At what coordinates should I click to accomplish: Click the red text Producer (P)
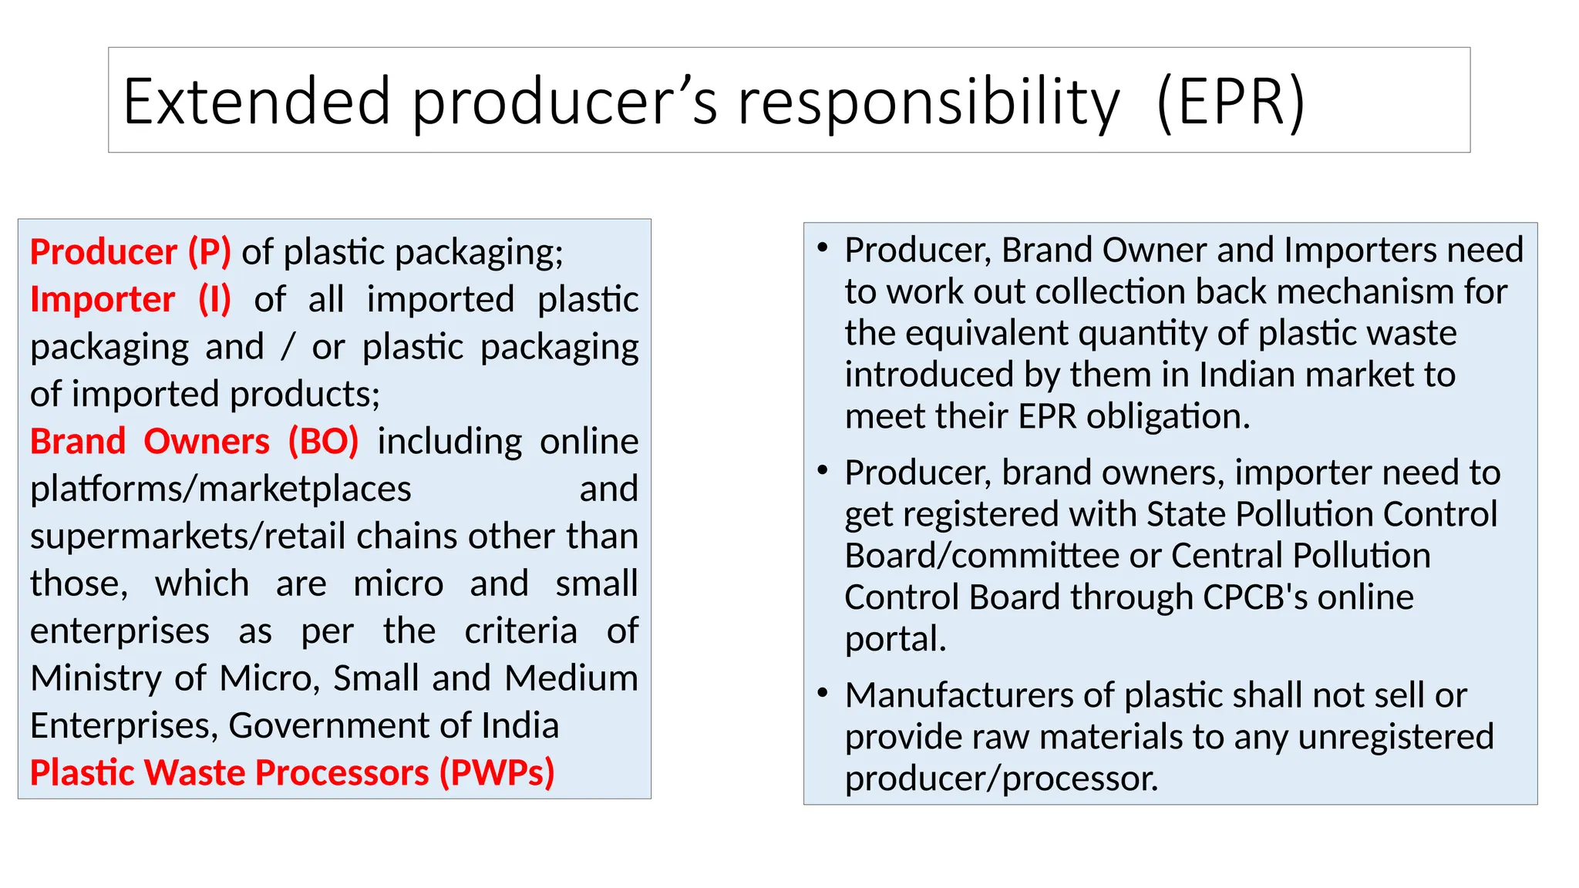pos(130,252)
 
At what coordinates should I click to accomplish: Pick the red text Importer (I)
pos(130,299)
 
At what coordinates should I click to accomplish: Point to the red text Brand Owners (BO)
pos(194,442)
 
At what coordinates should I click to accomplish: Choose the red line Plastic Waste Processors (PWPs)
pos(292,772)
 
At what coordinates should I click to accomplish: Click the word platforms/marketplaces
pos(221,489)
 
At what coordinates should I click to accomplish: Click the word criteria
pos(520,631)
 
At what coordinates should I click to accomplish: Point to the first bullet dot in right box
pos(823,247)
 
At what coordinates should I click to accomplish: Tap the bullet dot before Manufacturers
pos(823,693)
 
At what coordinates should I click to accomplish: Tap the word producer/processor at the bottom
pos(1002,779)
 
